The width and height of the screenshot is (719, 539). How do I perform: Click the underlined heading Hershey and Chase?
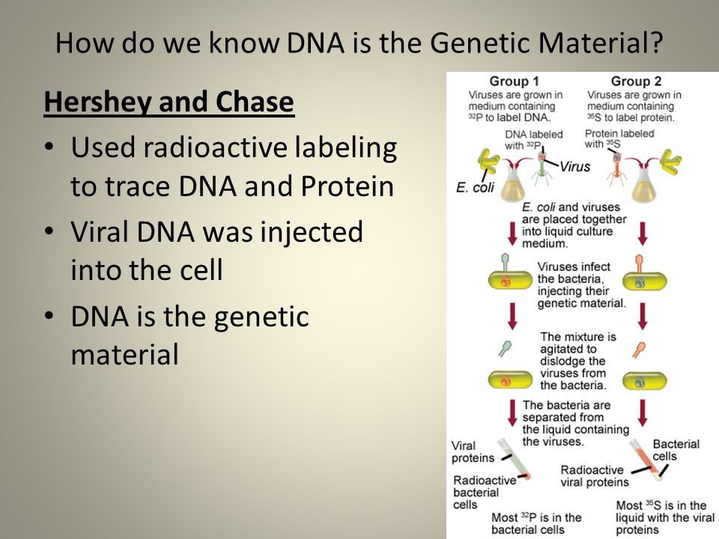coord(169,102)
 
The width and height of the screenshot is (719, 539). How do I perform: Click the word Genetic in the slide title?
coord(480,43)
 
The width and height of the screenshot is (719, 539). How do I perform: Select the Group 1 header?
coord(514,81)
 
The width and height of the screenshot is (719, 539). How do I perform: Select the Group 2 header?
coord(636,81)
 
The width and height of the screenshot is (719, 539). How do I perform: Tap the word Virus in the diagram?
coord(575,166)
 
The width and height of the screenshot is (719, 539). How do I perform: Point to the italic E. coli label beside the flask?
coord(475,187)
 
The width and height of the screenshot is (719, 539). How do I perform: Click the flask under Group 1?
coord(512,184)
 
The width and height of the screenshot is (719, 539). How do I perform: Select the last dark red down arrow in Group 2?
coord(643,413)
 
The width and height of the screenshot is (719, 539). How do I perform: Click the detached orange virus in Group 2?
coord(639,350)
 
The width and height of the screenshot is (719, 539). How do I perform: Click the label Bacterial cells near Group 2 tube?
coord(676,450)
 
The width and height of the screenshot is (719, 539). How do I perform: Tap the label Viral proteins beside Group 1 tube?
coord(473,452)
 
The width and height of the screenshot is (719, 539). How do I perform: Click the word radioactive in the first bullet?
coord(215,147)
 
